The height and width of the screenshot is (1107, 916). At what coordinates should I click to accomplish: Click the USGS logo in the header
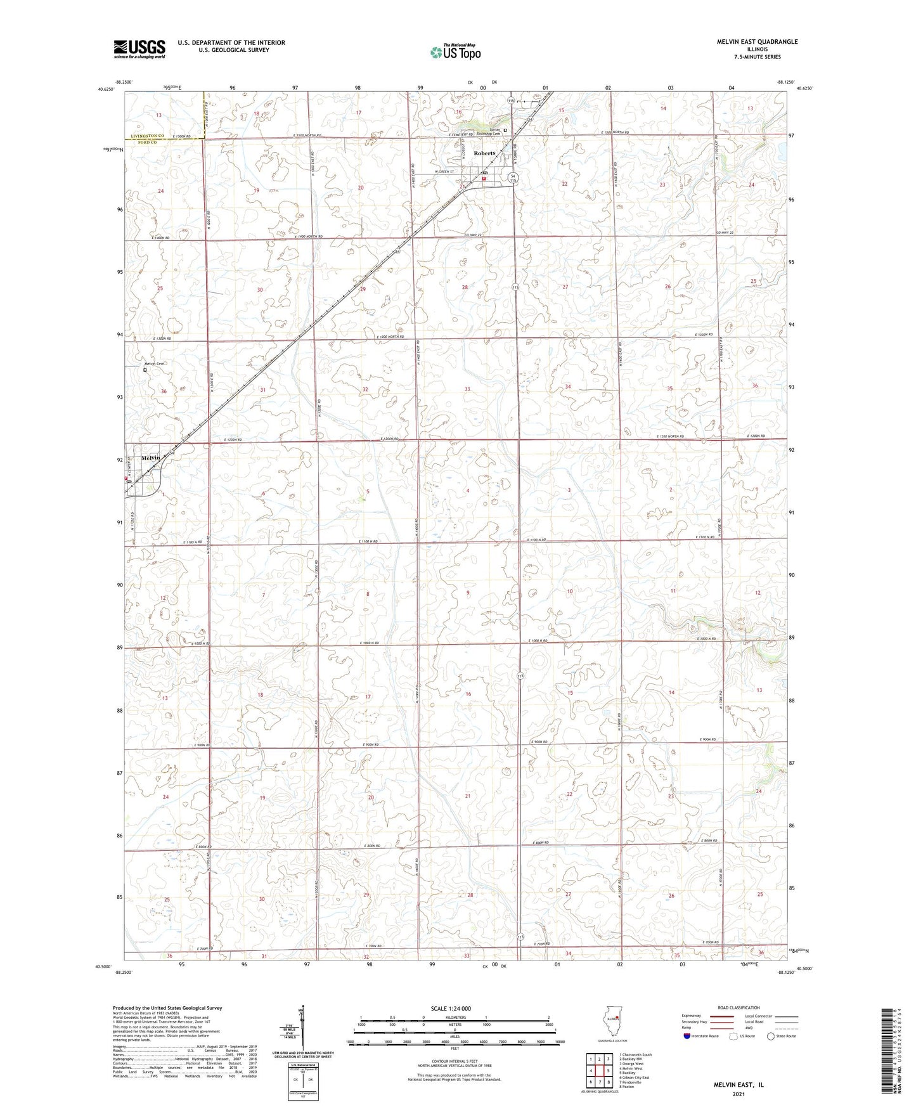(x=139, y=48)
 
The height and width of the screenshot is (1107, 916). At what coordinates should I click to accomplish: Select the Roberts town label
(x=484, y=153)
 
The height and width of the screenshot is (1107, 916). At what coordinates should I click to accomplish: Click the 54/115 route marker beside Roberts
(x=514, y=178)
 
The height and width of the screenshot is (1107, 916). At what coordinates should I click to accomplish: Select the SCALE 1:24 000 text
(x=451, y=1026)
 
